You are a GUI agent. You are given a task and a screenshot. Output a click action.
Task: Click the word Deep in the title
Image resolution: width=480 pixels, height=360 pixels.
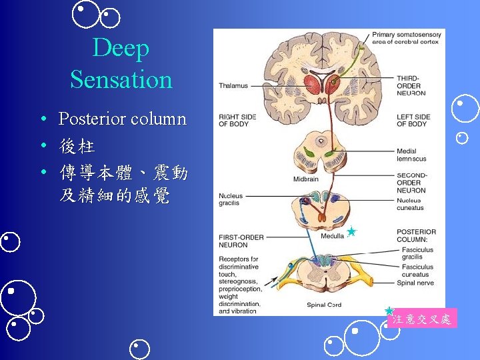121,48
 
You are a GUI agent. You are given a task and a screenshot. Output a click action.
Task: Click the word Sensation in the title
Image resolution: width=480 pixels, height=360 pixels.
121,79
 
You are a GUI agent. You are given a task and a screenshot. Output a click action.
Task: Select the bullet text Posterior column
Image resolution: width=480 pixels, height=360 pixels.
122,119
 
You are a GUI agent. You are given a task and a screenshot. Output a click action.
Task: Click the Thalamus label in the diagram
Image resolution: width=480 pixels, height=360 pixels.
233,85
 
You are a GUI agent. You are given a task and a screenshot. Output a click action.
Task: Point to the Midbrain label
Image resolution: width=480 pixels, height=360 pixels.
305,179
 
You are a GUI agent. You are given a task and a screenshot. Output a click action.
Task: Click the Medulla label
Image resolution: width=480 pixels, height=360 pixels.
332,236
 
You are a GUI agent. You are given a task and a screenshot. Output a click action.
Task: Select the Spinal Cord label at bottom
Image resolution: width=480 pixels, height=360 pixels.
325,305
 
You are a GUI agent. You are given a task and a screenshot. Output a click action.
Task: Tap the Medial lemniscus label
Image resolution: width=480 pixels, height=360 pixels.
411,155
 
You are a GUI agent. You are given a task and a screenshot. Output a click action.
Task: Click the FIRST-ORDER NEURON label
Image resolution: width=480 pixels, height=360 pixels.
241,241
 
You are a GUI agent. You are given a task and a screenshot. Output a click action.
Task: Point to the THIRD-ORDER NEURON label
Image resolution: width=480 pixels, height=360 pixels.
411,85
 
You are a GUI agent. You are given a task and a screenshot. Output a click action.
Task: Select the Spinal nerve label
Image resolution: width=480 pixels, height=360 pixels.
415,283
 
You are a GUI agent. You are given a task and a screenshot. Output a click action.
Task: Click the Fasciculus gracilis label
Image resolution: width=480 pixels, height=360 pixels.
417,253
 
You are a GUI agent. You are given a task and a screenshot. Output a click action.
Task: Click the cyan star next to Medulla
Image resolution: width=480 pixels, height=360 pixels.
351,232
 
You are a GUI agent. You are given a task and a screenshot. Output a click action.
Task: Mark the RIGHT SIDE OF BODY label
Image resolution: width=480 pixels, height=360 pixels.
237,120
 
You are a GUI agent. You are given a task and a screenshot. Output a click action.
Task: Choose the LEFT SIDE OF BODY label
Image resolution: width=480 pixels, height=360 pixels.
413,120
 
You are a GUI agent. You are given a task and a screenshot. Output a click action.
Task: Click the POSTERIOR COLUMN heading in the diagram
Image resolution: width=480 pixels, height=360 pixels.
416,236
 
